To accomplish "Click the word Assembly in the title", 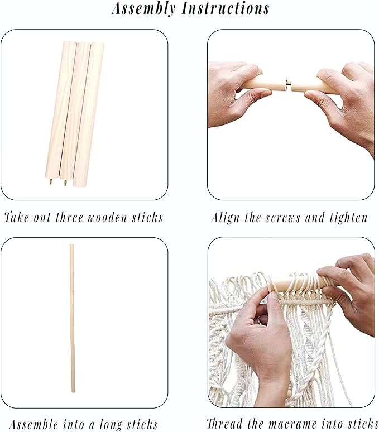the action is point(143,9).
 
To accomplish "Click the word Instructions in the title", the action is point(226,8).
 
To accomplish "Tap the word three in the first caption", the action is point(69,217).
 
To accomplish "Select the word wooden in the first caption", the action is point(107,217).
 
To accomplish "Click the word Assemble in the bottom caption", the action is point(33,424).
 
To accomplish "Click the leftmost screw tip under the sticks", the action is point(51,182).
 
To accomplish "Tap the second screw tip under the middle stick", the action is point(65,183).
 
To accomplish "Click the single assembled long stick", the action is point(72,318).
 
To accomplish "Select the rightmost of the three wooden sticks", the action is point(89,114).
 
